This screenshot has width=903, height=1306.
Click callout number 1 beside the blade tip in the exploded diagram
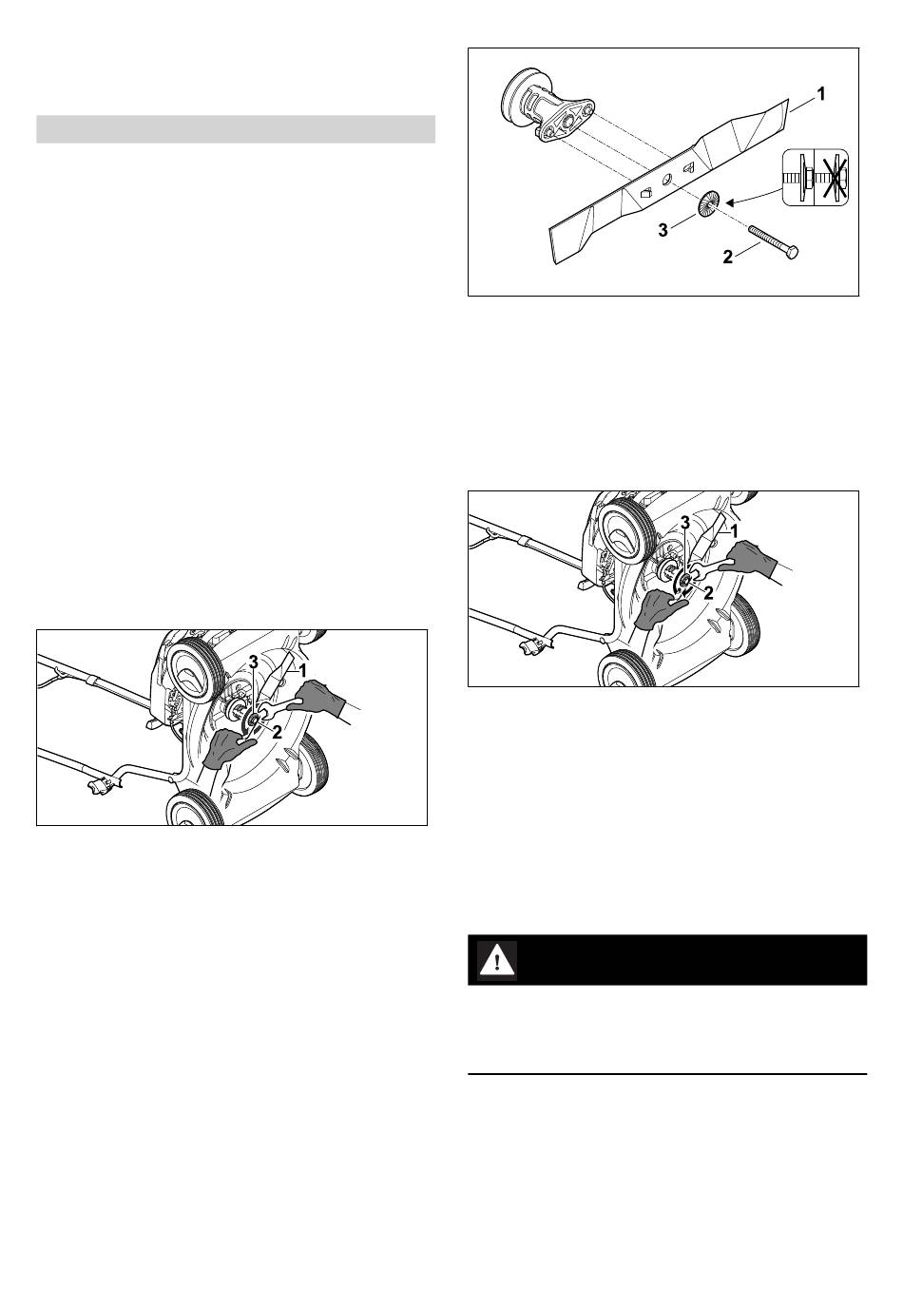tap(821, 93)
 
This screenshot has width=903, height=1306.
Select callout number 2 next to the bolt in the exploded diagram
tap(727, 257)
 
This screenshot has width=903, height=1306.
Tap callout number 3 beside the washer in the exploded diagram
tap(663, 230)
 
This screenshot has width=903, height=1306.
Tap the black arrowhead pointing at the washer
tap(729, 202)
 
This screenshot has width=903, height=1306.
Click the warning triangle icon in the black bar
tap(497, 960)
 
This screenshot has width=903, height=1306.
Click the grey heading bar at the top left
tap(236, 129)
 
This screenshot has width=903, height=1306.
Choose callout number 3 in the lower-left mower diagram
tap(253, 662)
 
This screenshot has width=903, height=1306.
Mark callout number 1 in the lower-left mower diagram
tap(302, 671)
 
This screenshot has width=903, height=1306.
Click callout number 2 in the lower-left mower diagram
tap(277, 733)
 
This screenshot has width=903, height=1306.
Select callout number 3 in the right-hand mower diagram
tap(685, 523)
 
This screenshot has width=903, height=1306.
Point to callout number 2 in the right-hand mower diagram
tap(708, 593)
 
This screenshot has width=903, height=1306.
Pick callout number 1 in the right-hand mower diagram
tap(734, 531)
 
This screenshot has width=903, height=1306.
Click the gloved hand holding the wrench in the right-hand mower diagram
tap(752, 560)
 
